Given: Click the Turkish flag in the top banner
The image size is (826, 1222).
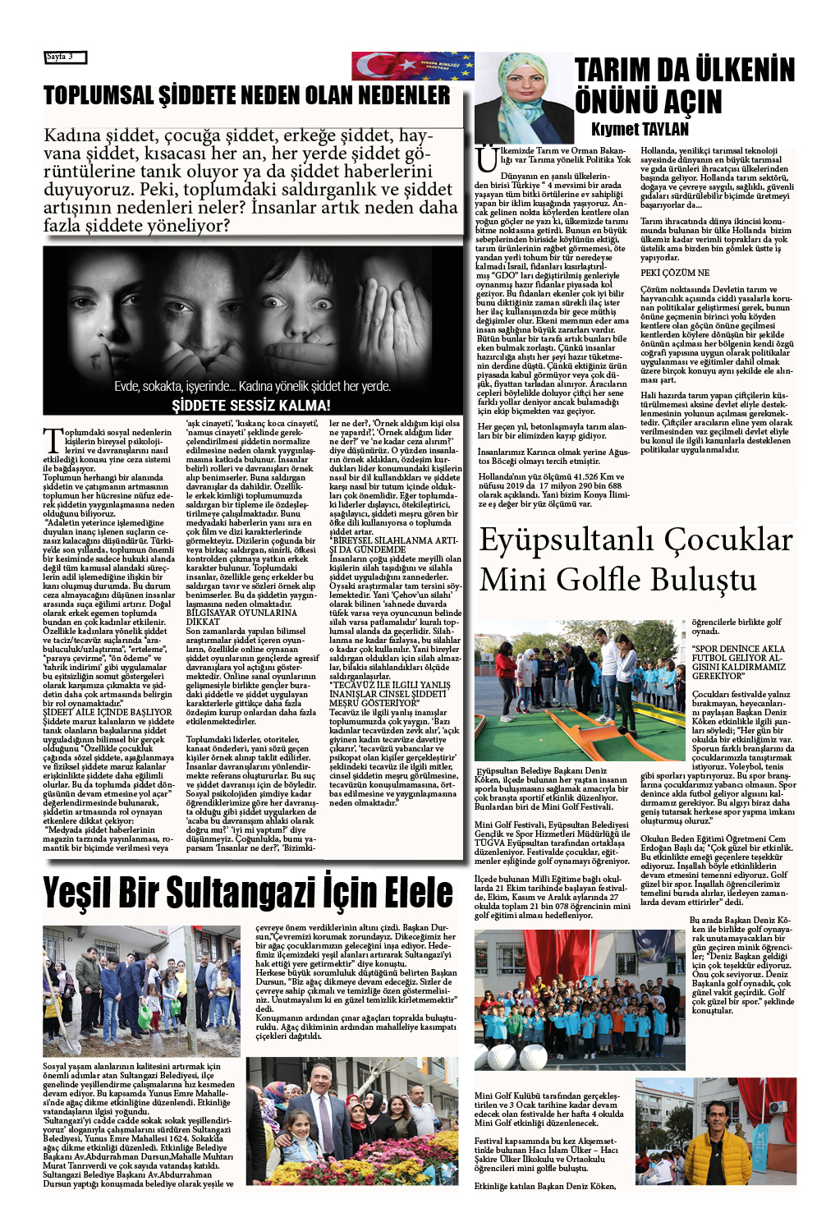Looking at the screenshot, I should pos(381,66).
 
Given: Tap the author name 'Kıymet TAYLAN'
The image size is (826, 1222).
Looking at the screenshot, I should pos(640,129).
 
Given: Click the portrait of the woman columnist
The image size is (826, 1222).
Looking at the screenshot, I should pos(525,98).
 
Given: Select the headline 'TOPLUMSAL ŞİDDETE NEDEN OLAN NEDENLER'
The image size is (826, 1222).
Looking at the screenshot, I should pos(246,95).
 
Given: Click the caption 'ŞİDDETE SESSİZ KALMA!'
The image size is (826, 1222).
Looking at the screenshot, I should pos(250,406).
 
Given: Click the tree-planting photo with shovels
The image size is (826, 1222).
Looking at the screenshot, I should pos(141,990).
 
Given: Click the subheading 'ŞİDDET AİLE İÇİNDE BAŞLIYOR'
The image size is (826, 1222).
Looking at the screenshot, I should pos(107,712).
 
